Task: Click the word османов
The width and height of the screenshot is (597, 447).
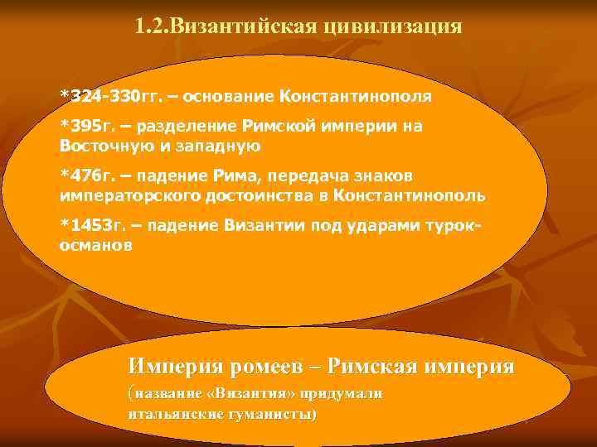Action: pos(95,247)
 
